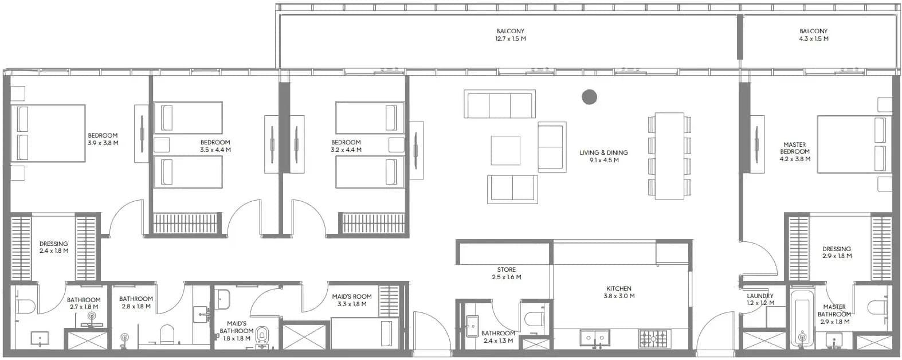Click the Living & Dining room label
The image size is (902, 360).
tap(603, 156)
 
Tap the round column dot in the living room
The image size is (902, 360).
tap(589, 97)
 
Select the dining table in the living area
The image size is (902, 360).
tap(669, 156)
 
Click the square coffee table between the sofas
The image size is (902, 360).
tap(505, 150)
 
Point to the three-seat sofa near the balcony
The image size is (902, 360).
tap(500, 104)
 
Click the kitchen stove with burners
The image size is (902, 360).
tap(653, 339)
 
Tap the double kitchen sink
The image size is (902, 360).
tap(595, 338)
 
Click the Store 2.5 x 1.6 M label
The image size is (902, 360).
tap(506, 273)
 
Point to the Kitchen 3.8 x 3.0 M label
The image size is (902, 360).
tap(619, 292)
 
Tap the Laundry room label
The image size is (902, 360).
tap(760, 299)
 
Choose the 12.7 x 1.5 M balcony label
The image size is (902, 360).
tap(511, 35)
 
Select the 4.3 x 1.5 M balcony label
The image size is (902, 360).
tap(813, 35)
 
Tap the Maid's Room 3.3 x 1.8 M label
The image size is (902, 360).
tap(351, 300)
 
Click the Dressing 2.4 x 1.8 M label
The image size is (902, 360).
tap(53, 247)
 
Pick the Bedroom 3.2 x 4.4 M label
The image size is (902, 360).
tap(346, 146)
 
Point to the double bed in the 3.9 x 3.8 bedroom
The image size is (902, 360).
tap(48, 134)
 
